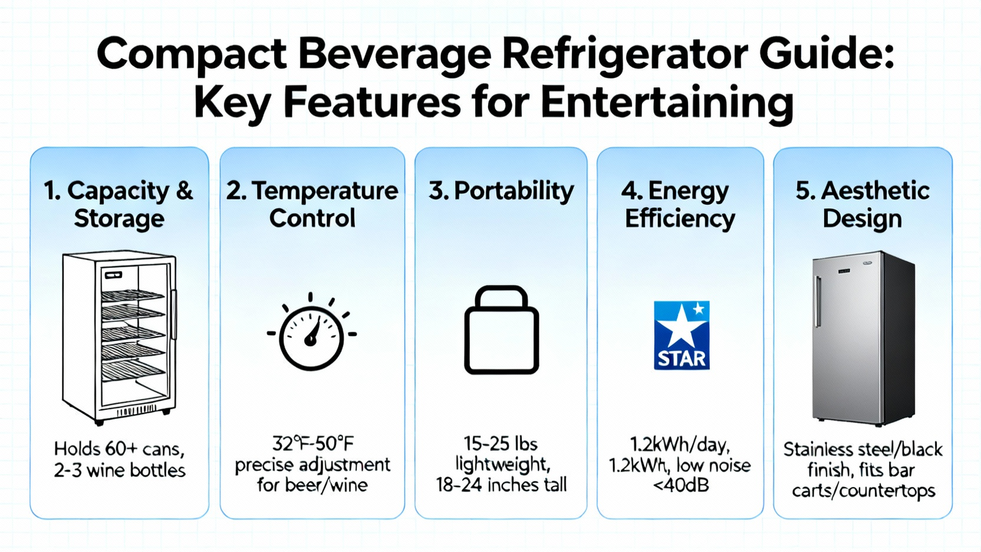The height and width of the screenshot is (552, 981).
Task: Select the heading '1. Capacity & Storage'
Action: point(119,204)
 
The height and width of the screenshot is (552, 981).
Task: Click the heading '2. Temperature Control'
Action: point(312,204)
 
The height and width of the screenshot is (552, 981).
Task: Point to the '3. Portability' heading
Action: point(501,191)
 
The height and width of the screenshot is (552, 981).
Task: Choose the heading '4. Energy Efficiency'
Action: point(680,205)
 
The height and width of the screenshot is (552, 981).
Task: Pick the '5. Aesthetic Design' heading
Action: point(862,204)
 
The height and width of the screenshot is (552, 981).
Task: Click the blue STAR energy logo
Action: point(681,335)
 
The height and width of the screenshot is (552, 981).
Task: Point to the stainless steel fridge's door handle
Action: point(817,301)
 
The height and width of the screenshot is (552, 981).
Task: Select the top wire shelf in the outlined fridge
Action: point(132,295)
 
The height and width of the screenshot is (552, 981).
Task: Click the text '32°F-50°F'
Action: point(312,444)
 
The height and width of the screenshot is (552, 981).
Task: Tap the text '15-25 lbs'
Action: point(501,444)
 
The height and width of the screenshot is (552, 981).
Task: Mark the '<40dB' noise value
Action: point(680,485)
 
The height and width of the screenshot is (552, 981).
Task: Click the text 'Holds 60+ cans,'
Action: point(119,449)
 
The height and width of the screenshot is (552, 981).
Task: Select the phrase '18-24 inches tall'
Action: point(501,485)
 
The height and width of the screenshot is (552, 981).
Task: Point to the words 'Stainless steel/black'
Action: point(862,450)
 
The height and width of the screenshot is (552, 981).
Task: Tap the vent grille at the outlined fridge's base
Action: point(136,411)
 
